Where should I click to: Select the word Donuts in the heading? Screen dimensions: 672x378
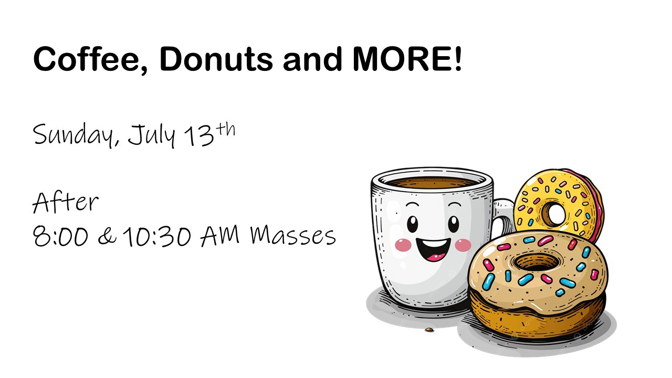216,59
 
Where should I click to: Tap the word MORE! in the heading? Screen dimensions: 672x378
407,59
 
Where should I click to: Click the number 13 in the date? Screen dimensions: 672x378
199,136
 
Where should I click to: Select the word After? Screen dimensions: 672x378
66,203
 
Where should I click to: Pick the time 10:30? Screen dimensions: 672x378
156,236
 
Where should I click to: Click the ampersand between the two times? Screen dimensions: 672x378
107,236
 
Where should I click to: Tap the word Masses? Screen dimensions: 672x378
293,236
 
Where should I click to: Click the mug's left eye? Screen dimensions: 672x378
412,224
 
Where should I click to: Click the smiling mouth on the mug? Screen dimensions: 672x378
433,249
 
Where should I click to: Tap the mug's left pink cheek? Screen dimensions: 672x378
403,245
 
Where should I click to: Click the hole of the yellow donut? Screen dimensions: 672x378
555,214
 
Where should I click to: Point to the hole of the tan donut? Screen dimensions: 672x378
537,262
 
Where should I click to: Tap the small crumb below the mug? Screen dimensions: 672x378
429,330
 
